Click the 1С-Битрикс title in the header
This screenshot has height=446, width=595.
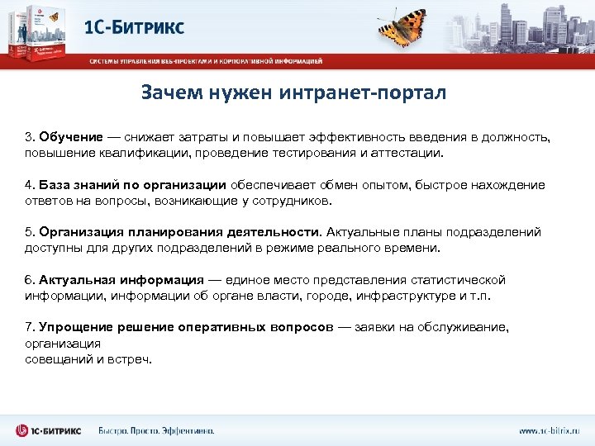coord(135,26)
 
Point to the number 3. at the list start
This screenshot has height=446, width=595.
coord(30,136)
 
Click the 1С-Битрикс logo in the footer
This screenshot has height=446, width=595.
coord(48,430)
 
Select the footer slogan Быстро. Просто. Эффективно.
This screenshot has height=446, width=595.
coord(156,430)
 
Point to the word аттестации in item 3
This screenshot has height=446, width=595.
coord(408,152)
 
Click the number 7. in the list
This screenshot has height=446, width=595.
coord(30,327)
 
